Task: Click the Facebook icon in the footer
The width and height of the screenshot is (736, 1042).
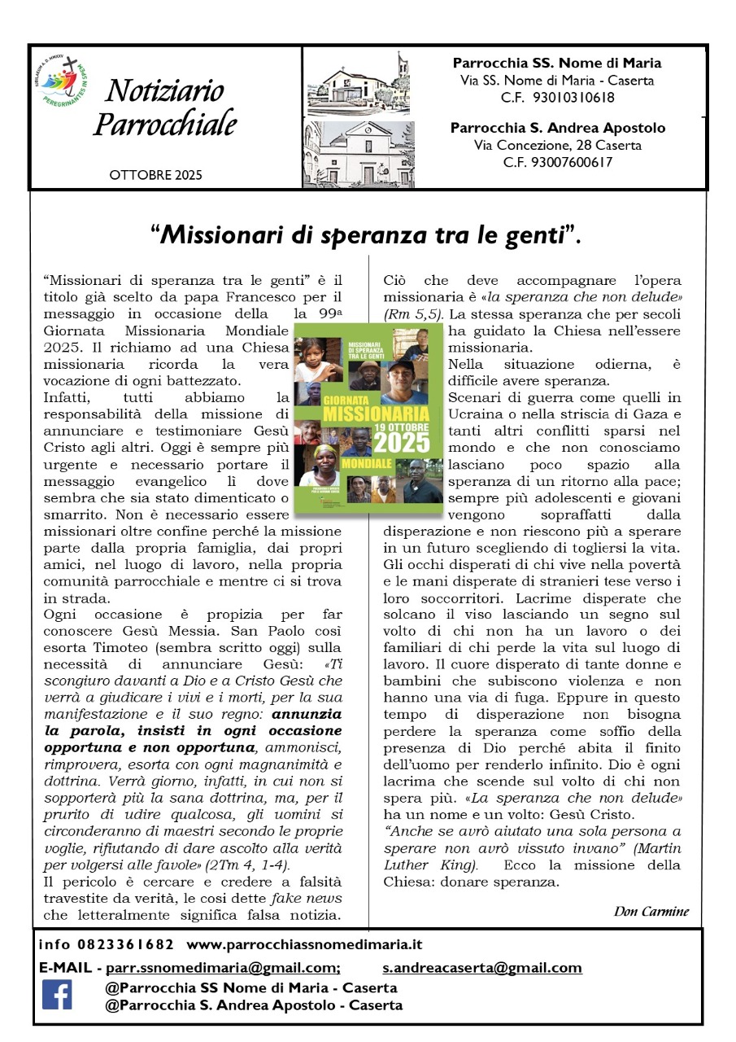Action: [x=57, y=994]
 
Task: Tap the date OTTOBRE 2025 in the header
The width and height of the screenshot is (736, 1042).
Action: [x=155, y=175]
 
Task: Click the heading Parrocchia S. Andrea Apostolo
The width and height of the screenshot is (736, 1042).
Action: [x=558, y=128]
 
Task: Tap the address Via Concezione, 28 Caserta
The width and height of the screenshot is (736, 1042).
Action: [x=558, y=146]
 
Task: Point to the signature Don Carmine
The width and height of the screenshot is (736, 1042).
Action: [x=651, y=911]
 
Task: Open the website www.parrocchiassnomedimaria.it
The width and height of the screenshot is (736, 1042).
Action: [x=304, y=945]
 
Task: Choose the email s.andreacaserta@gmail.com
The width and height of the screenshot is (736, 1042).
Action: [x=482, y=968]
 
